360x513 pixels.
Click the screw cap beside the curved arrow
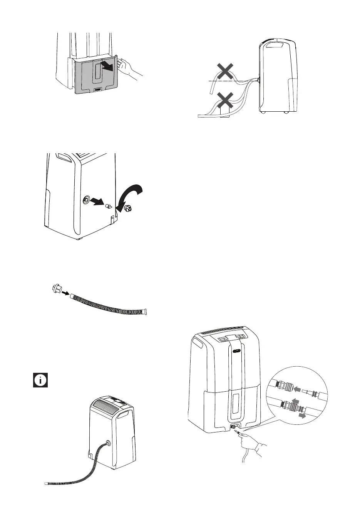(128, 209)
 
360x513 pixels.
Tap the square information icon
(40, 380)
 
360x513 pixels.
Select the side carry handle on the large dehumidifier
(199, 342)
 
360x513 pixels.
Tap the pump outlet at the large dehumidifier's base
(233, 427)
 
